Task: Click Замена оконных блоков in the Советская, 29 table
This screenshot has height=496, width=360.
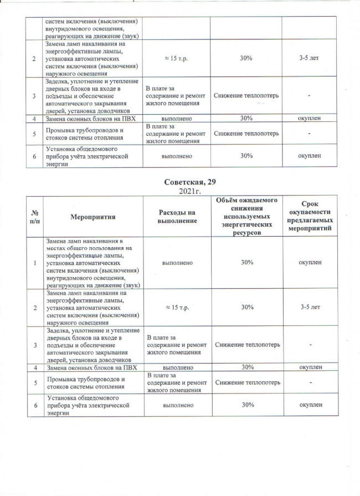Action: pos(92,367)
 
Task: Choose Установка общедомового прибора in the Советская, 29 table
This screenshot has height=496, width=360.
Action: pos(89,405)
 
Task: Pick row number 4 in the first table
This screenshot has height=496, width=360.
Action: pos(35,119)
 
